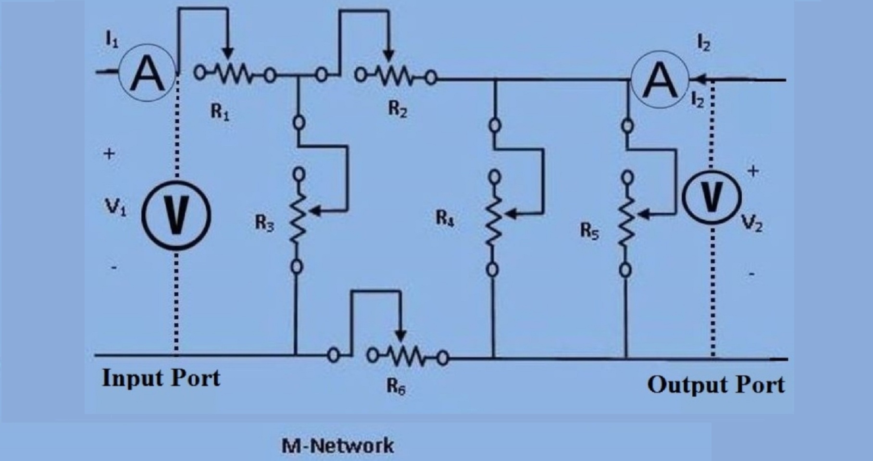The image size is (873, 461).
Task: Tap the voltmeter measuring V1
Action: click(x=176, y=215)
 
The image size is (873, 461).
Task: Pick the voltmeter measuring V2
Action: click(x=712, y=197)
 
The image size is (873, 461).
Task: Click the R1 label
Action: click(x=220, y=112)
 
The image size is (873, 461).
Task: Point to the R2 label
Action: click(x=398, y=110)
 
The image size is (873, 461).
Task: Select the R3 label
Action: click(x=264, y=223)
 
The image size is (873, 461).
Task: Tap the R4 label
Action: click(x=445, y=219)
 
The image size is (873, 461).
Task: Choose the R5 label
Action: click(x=589, y=231)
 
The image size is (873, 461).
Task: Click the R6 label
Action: click(x=396, y=387)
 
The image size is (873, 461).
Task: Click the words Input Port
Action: click(x=161, y=378)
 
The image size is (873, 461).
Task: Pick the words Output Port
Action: click(x=716, y=385)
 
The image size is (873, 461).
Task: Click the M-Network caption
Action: click(x=337, y=446)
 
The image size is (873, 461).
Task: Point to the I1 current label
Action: click(x=112, y=42)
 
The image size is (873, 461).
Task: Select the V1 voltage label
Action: click(x=115, y=208)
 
